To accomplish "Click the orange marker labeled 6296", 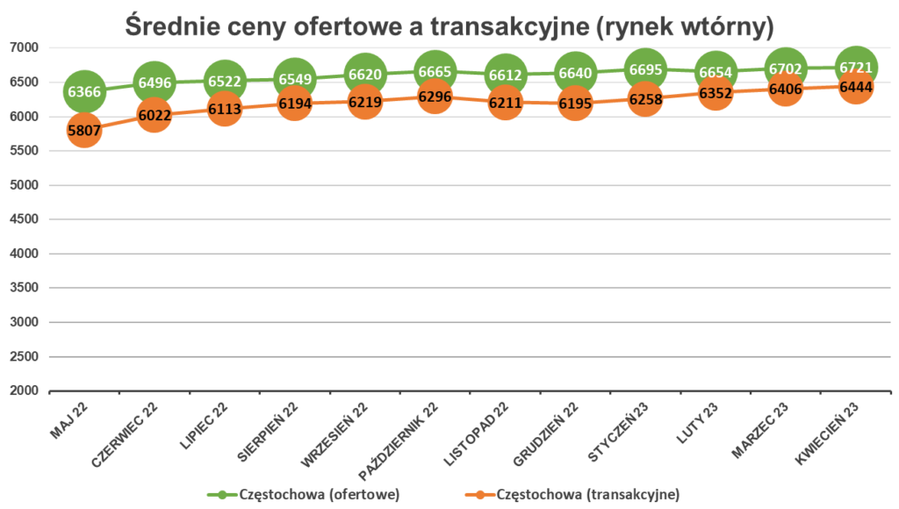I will point(435,97).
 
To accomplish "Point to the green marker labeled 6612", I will point(505,74).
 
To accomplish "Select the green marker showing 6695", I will point(645,68).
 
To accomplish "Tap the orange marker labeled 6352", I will point(716,92).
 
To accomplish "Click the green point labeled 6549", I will point(294,78).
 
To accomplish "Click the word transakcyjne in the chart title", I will point(501,26).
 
